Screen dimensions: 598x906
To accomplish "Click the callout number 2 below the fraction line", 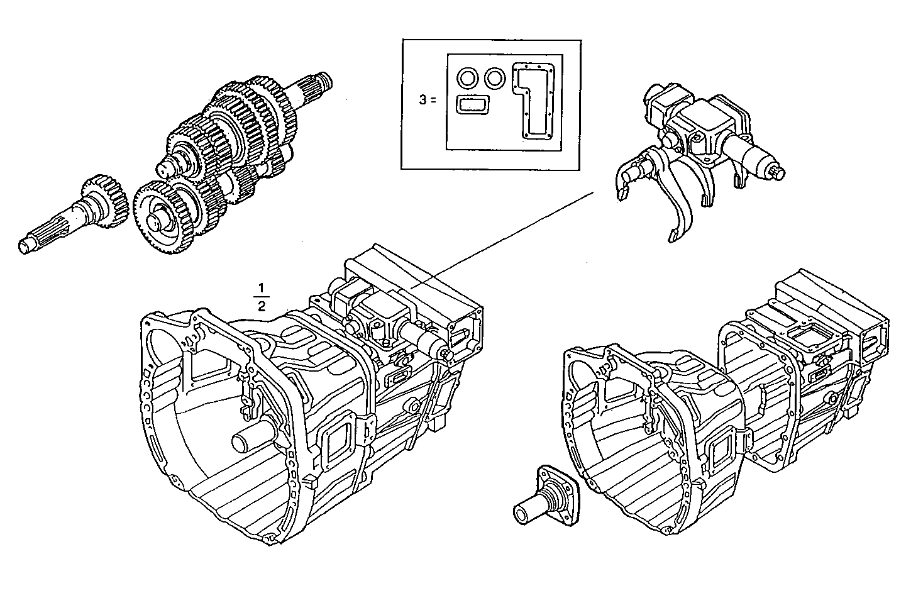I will click(261, 306).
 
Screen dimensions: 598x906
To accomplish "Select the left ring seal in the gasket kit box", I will click(468, 79).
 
